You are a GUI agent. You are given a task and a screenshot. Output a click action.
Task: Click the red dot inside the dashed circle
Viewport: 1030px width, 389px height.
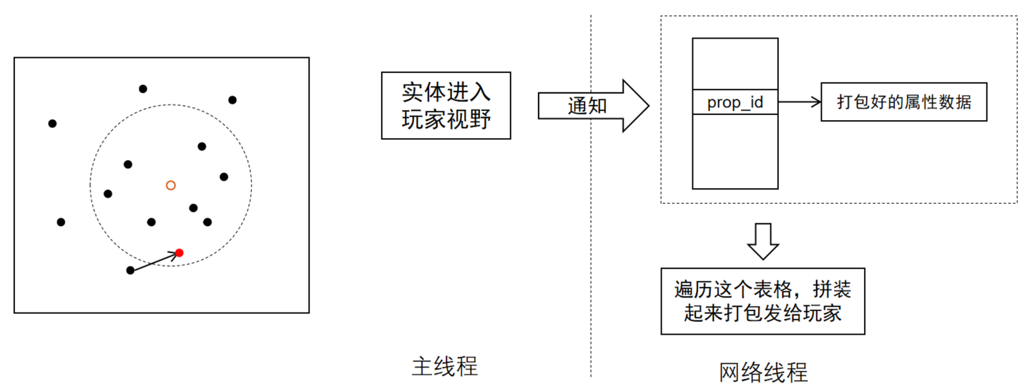click(180, 252)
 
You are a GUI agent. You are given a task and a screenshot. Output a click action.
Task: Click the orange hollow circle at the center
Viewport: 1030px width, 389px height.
click(170, 185)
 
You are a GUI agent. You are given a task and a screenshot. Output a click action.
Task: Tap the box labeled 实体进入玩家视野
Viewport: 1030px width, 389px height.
click(446, 105)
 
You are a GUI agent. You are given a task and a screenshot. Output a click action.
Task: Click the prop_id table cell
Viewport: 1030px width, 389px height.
click(735, 103)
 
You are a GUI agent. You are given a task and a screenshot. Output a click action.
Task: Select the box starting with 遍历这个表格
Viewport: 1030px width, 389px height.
click(762, 301)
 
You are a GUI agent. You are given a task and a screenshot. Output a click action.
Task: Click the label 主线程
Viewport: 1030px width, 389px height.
click(444, 366)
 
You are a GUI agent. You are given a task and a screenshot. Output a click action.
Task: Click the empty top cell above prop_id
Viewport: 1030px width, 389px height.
click(735, 64)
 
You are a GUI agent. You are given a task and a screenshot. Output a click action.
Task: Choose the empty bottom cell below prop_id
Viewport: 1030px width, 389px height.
click(735, 152)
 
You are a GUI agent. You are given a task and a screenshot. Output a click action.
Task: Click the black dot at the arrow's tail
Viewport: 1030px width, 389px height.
click(130, 270)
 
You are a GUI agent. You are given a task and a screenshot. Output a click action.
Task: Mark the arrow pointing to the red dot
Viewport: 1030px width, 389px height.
click(154, 262)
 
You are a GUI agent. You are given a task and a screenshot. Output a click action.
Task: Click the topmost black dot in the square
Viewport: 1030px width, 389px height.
click(143, 89)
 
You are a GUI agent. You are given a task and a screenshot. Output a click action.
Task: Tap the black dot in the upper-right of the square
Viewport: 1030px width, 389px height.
click(232, 100)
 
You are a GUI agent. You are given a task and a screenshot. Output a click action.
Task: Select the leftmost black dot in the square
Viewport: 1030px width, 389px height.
click(52, 124)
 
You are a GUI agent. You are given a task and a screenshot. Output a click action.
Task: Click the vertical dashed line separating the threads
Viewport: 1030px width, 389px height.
click(591, 215)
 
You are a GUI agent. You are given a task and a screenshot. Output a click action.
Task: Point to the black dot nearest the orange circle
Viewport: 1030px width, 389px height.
click(193, 208)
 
